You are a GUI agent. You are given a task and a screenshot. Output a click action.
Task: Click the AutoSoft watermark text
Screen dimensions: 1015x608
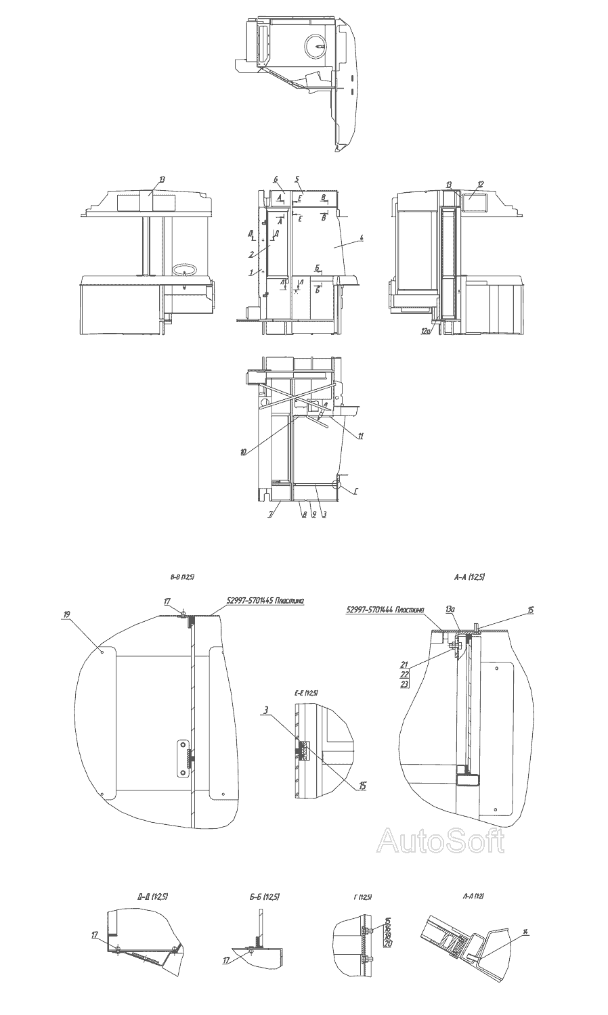pyautogui.click(x=441, y=841)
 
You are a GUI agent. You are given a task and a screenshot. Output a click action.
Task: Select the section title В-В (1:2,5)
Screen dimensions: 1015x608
pyautogui.click(x=182, y=577)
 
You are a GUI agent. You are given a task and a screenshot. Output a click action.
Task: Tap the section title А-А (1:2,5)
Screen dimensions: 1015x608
pyautogui.click(x=470, y=577)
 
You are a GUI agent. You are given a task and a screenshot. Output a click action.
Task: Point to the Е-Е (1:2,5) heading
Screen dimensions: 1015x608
pyautogui.click(x=307, y=694)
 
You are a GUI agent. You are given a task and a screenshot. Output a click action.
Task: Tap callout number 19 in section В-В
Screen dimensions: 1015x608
pyautogui.click(x=66, y=614)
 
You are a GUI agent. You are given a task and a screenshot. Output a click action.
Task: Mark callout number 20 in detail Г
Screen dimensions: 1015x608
pyautogui.click(x=388, y=943)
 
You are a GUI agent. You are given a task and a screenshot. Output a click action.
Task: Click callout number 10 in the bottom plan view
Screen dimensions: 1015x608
pyautogui.click(x=243, y=452)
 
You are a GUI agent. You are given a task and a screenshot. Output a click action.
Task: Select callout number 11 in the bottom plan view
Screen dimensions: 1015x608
pyautogui.click(x=361, y=436)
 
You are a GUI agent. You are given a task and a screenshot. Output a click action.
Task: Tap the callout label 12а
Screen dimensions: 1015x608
pyautogui.click(x=425, y=331)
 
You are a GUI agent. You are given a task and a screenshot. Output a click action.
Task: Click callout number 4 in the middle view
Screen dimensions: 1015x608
pyautogui.click(x=362, y=238)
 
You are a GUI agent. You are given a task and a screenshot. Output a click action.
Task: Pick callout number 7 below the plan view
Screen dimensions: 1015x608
pyautogui.click(x=271, y=515)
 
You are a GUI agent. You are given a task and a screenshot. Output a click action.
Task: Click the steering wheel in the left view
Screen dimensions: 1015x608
pyautogui.click(x=186, y=271)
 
